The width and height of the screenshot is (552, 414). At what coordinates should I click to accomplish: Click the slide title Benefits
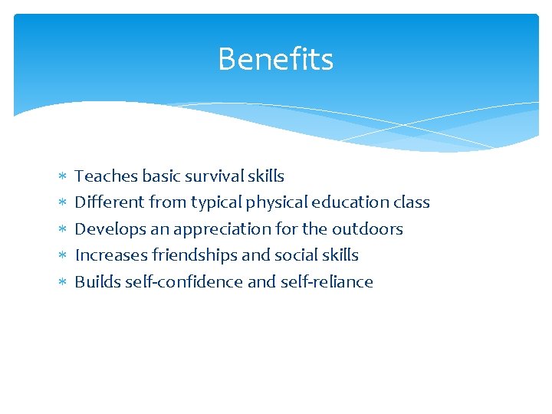tap(275, 59)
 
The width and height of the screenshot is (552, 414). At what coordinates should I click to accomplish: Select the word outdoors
tap(367, 228)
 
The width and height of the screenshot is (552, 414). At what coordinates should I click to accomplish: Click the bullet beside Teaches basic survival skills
tap(63, 177)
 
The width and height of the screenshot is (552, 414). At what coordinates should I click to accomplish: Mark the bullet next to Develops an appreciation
tap(63, 230)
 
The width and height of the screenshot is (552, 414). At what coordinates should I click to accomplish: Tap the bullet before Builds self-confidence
tap(63, 283)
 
